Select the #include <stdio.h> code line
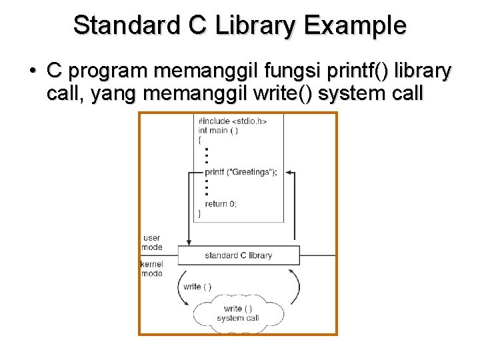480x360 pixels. pyautogui.click(x=232, y=121)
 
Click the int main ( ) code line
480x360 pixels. pyautogui.click(x=218, y=131)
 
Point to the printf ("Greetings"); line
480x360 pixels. pyautogui.click(x=241, y=171)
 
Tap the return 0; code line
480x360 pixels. pyautogui.click(x=221, y=203)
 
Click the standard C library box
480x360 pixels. pyautogui.click(x=239, y=255)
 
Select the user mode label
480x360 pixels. pyautogui.click(x=152, y=242)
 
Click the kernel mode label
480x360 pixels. pyautogui.click(x=152, y=269)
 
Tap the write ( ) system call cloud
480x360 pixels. pyautogui.click(x=238, y=313)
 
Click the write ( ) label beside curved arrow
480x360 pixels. pyautogui.click(x=197, y=287)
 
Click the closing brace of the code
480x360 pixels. pyautogui.click(x=200, y=213)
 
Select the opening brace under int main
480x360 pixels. pyautogui.click(x=200, y=140)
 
